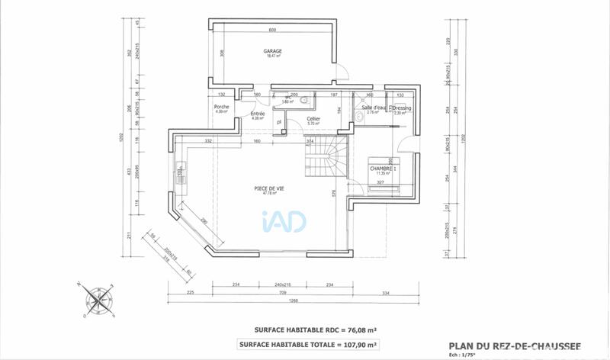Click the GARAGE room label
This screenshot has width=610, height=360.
click(x=273, y=51)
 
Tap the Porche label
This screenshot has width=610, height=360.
click(x=222, y=107)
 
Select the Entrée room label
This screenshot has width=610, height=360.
click(x=258, y=114)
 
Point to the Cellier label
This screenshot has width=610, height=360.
click(x=313, y=119)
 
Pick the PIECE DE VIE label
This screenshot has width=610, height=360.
click(x=269, y=188)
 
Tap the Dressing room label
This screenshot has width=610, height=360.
click(x=401, y=108)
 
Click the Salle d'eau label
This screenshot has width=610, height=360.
click(x=371, y=108)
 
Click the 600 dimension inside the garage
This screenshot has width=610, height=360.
click(x=272, y=30)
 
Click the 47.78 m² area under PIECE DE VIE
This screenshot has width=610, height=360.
click(x=269, y=194)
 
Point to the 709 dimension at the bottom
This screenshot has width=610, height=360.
click(x=283, y=292)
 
